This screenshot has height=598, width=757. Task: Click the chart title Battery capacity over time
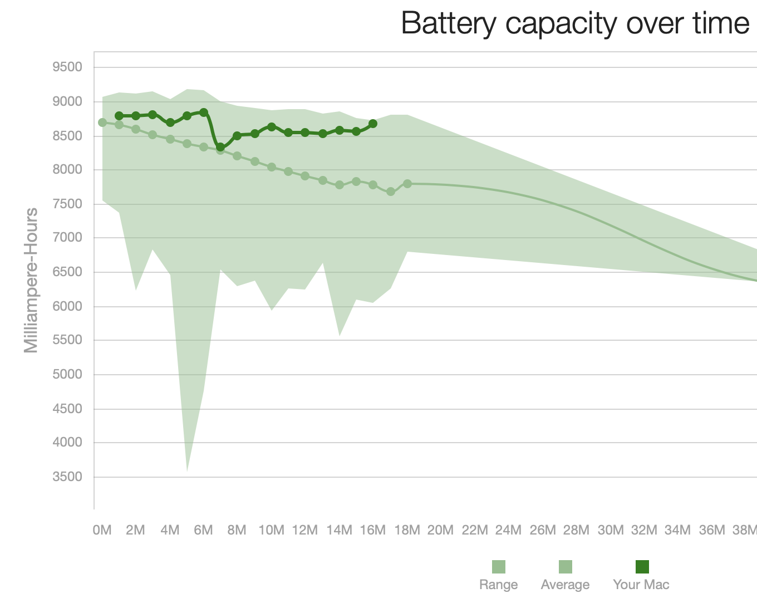575,23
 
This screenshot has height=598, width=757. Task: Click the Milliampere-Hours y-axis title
31,280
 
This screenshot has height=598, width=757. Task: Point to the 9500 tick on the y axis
67,67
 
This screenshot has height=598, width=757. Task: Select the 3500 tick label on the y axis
67,477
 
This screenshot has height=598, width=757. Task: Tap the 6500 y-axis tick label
67,272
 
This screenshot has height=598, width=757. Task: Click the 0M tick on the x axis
102,530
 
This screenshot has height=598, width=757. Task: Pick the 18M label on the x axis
407,530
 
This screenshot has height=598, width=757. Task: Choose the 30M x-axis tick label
611,530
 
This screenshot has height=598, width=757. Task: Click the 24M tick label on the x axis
508,530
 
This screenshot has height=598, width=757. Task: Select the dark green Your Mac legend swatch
642,567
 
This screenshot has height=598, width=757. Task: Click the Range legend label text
498,585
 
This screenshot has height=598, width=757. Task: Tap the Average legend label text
565,585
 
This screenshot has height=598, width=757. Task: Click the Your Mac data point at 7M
220,147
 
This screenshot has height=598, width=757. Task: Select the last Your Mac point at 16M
373,124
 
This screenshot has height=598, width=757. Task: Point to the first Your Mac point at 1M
119,116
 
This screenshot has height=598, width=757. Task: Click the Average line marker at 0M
102,122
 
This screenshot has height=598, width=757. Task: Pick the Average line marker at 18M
407,184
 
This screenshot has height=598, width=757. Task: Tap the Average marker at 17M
391,192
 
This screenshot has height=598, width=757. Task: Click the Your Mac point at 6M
204,112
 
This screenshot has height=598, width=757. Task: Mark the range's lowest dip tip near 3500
187,470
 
